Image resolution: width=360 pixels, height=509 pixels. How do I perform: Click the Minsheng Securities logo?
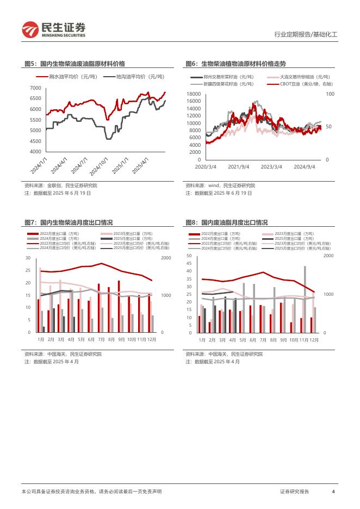pyautogui.click(x=53, y=29)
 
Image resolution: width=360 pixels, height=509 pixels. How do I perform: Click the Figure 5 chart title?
pyautogui.click(x=75, y=64)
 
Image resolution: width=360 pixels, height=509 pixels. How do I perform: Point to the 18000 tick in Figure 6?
pyautogui.click(x=194, y=94)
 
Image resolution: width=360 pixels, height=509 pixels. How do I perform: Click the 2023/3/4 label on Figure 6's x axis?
pyautogui.click(x=271, y=166)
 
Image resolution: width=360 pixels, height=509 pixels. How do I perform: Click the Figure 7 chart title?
pyautogui.click(x=69, y=222)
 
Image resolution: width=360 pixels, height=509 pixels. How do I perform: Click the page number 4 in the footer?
pyautogui.click(x=333, y=492)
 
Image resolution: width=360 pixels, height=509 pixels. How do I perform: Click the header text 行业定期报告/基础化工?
pyautogui.click(x=305, y=34)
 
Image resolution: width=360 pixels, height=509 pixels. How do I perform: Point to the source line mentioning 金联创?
pyautogui.click(x=57, y=185)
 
